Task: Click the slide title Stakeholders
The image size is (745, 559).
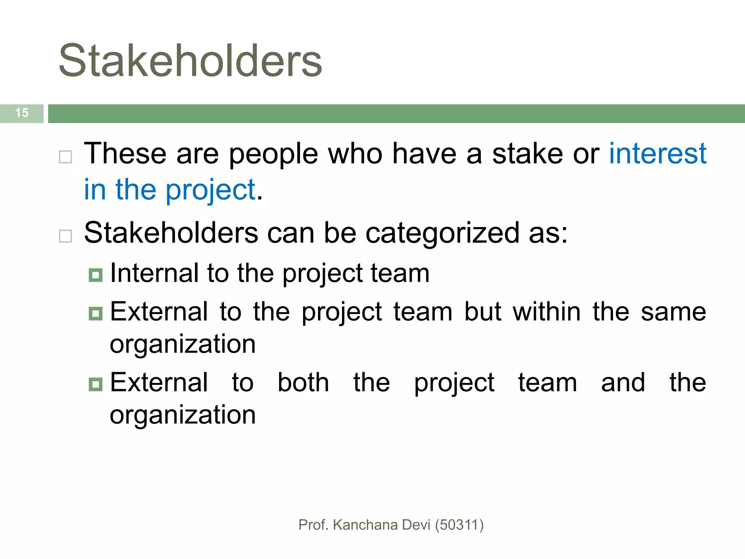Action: [x=190, y=60]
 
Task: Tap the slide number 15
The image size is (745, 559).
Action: [x=22, y=113]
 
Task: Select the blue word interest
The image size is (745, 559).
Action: [x=658, y=154]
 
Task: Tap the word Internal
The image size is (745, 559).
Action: [x=154, y=273]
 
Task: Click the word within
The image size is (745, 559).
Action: [x=546, y=312]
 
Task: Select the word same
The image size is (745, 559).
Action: [x=673, y=312]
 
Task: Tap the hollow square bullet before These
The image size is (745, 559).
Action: [x=65, y=157]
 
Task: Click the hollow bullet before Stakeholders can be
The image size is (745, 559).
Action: [x=65, y=236]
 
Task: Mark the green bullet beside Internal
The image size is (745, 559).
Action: [x=96, y=275]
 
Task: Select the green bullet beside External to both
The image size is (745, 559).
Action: [x=96, y=384]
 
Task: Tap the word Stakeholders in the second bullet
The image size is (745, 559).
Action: [x=171, y=233]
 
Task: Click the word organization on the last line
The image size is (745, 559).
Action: [x=183, y=415]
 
